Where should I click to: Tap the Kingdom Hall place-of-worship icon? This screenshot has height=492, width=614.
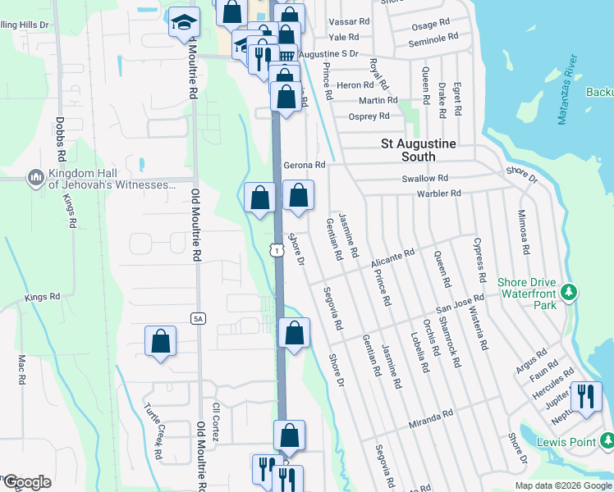tap(34, 178)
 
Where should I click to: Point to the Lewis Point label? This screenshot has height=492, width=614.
tap(571, 443)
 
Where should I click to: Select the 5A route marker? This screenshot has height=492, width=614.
tap(198, 317)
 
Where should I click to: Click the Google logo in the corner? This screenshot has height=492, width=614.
tap(27, 482)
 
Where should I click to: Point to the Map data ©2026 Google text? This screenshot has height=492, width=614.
tap(563, 485)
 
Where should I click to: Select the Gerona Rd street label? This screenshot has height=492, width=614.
tap(305, 165)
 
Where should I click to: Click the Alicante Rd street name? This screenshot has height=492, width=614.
tap(393, 257)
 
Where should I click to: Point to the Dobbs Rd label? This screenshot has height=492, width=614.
tap(61, 143)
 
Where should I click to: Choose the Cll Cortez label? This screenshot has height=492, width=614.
tap(217, 422)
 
